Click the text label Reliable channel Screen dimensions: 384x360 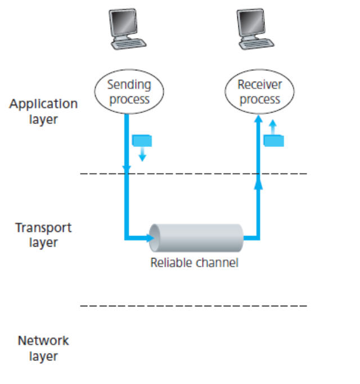coord(194,262)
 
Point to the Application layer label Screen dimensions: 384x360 coord(43,111)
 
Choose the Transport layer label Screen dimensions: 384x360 coord(43,235)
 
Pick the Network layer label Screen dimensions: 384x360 coord(43,348)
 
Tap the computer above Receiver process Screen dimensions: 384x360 coord(256,28)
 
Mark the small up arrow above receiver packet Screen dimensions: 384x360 coord(272,125)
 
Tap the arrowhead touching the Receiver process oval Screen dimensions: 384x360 coord(258,118)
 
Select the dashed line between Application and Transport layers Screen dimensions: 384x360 coord(194,173)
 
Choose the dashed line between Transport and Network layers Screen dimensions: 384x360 coord(194,306)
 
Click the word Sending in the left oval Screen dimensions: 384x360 coord(130,85)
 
